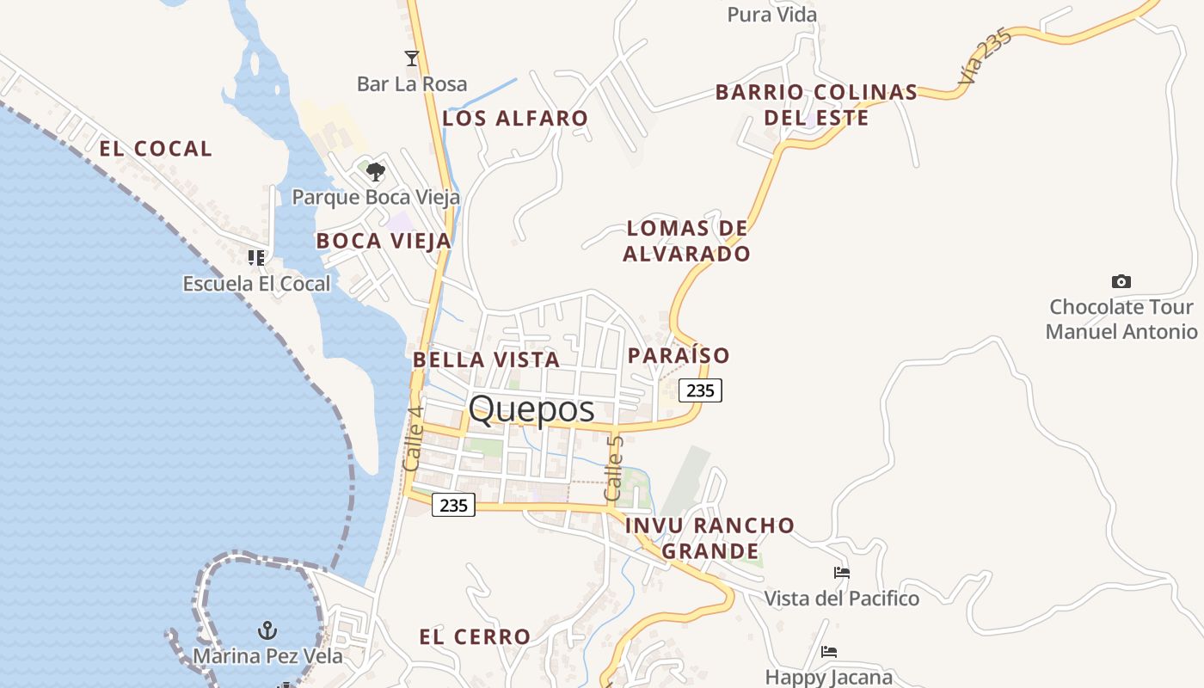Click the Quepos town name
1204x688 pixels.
tap(531, 409)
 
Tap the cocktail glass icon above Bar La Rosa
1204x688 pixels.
tap(412, 58)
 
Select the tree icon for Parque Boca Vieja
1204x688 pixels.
tap(376, 172)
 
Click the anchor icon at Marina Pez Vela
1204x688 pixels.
tap(267, 630)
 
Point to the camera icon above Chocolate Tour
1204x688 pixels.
tap(1121, 281)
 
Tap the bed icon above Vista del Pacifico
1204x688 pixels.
tap(842, 573)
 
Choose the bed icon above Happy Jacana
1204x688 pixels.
tap(829, 652)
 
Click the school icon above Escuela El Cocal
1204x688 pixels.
tap(256, 257)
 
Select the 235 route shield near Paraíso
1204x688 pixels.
tap(701, 390)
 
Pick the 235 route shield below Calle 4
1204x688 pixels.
tap(453, 505)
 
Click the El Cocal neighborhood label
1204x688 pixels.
tap(156, 149)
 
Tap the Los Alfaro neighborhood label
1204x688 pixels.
tap(515, 119)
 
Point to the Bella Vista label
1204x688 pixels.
tap(487, 359)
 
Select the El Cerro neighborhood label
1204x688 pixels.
tap(475, 637)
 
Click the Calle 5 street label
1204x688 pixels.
tap(614, 469)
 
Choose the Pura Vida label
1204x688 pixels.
tap(772, 15)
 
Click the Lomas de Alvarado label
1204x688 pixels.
tap(686, 241)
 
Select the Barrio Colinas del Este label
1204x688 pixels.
tap(816, 105)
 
